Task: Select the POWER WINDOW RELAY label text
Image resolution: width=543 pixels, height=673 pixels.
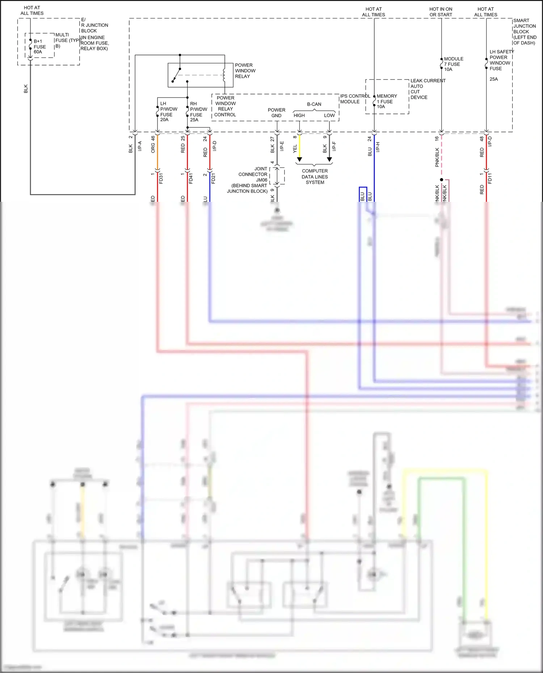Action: (x=245, y=71)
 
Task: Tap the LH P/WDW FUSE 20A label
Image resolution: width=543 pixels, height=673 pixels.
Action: (x=168, y=112)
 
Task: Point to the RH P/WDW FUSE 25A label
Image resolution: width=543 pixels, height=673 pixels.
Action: (x=198, y=112)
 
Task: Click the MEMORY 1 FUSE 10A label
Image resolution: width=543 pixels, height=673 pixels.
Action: (x=386, y=101)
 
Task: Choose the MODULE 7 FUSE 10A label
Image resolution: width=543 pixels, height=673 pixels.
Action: (x=453, y=64)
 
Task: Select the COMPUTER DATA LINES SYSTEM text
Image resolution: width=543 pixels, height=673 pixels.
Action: (x=315, y=177)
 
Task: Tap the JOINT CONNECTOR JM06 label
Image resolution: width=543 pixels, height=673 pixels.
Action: (x=253, y=174)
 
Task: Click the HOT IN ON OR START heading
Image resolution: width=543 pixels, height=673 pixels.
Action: (x=441, y=12)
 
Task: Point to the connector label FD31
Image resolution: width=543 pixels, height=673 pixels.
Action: (x=161, y=178)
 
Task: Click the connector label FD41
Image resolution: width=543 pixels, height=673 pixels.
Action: (x=191, y=178)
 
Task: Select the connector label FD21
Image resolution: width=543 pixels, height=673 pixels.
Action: (x=213, y=178)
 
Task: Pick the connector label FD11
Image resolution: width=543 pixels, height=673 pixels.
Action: (x=490, y=178)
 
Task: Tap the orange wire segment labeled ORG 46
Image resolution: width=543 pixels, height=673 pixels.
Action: (x=157, y=152)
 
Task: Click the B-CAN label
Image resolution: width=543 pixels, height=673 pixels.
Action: (x=314, y=104)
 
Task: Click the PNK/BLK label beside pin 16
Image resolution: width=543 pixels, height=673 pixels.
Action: (x=437, y=157)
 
